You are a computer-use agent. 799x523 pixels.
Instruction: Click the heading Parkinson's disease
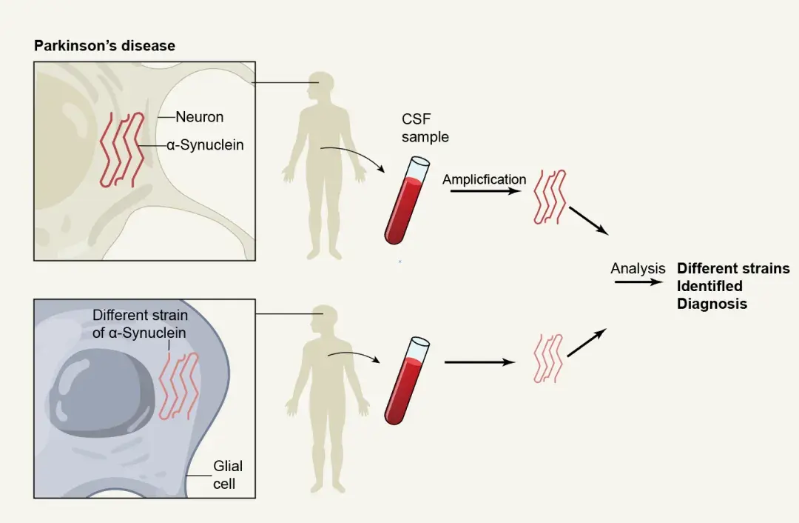pos(104,46)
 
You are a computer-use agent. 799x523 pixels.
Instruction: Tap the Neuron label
pos(199,117)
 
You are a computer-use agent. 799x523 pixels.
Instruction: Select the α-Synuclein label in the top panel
pos(204,145)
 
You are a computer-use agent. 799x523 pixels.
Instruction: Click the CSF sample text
pos(425,127)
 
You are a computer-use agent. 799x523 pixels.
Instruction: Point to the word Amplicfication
pos(484,179)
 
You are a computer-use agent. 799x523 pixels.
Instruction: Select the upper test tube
pos(407,200)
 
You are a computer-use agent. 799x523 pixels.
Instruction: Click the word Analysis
pos(638,269)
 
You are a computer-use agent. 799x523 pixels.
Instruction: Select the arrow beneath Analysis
pos(638,282)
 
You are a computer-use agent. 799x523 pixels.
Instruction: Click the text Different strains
pos(733,269)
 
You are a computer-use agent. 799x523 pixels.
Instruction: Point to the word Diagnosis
pos(712,304)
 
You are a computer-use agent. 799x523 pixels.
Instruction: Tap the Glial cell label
pos(227,475)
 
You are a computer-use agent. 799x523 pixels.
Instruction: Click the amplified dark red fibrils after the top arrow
pos(550,196)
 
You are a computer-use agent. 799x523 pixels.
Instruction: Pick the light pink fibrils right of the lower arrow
pos(548,359)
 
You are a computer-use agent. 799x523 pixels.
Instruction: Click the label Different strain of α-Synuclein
pos(140,324)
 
